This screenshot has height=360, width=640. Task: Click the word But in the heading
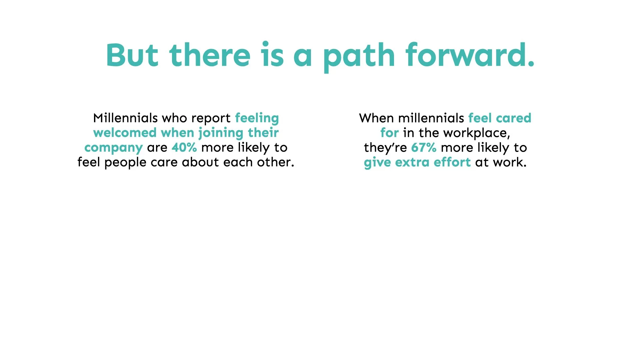(132, 55)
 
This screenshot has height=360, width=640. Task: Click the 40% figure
(184, 147)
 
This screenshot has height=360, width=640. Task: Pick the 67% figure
(424, 147)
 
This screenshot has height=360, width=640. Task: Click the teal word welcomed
(125, 133)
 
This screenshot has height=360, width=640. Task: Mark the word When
(376, 118)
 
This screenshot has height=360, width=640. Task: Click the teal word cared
(514, 118)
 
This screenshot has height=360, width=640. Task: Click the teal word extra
(412, 163)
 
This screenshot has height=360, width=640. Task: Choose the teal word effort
(452, 162)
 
